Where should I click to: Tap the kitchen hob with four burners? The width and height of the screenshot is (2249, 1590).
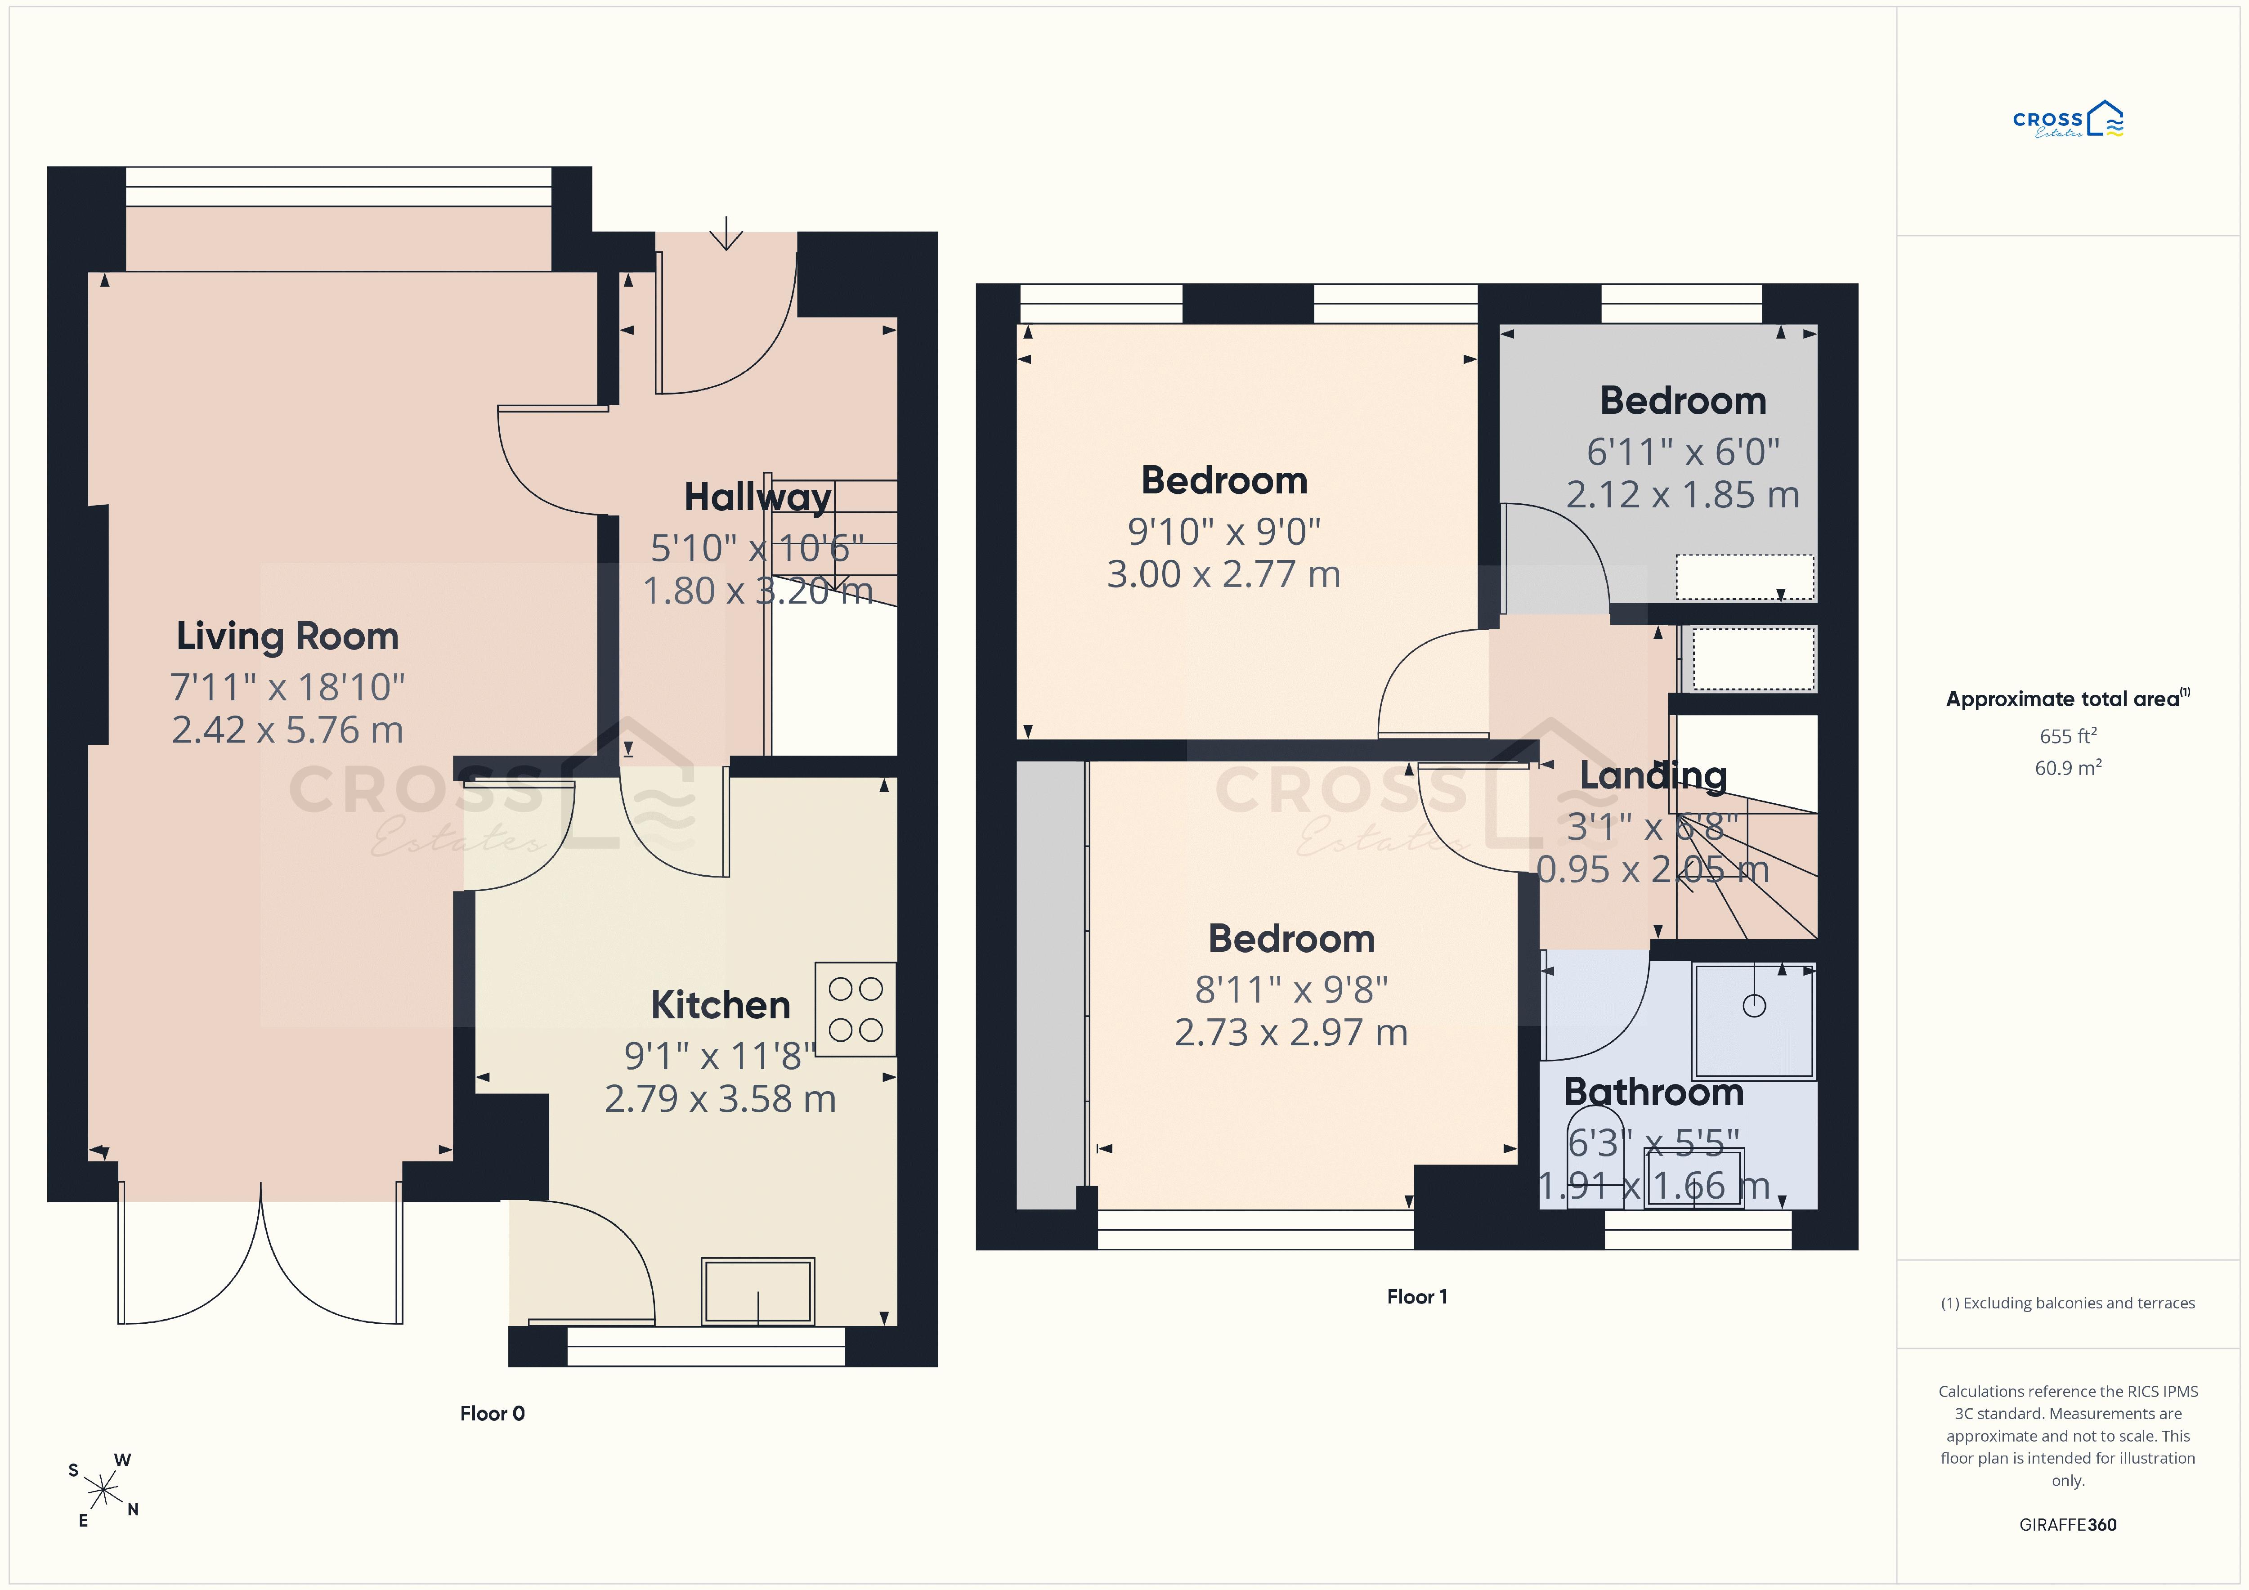click(855, 1009)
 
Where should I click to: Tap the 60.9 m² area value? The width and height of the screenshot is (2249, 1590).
click(2068, 767)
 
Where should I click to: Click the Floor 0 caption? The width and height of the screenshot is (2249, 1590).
click(493, 1413)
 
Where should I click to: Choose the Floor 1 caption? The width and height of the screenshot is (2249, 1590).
click(1416, 1296)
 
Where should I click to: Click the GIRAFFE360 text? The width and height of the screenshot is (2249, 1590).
click(2068, 1524)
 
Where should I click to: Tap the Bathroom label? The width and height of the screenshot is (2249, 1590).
click(1653, 1091)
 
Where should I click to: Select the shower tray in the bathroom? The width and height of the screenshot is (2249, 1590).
click(1753, 1021)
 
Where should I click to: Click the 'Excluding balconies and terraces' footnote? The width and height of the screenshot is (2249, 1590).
click(2068, 1303)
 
